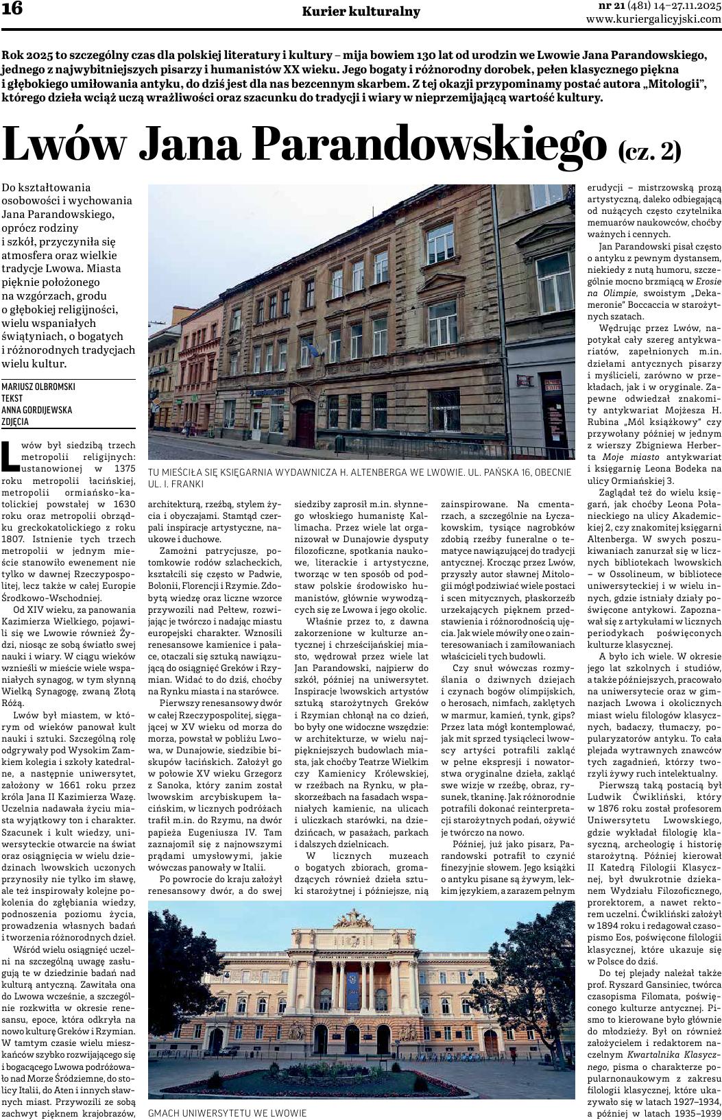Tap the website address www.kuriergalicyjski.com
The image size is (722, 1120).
click(x=653, y=19)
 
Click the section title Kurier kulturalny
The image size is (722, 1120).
click(x=361, y=12)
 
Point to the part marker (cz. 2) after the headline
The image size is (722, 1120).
click(x=649, y=149)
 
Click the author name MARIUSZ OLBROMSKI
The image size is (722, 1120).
click(x=38, y=387)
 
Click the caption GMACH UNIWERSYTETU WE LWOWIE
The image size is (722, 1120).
click(x=227, y=1113)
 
